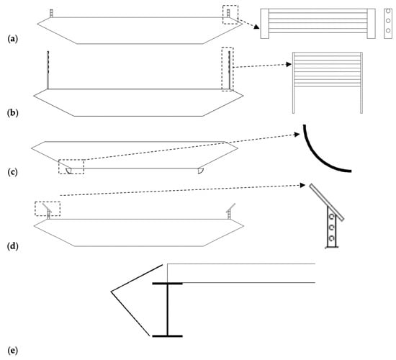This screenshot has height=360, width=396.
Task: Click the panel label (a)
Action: tap(13, 39)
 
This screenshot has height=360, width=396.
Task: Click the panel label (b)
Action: tap(13, 112)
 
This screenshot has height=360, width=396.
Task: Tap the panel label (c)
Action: tap(13, 172)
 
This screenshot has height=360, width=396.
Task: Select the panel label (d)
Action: tap(13, 246)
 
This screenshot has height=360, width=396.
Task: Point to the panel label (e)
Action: tap(13, 351)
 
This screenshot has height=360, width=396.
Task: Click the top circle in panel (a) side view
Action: tap(388, 12)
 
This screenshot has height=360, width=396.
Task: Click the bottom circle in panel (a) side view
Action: tap(388, 30)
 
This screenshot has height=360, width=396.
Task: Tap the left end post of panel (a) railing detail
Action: tap(265, 24)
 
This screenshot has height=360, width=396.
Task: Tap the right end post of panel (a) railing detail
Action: tap(371, 24)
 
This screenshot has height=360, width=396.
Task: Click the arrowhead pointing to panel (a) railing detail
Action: tap(256, 27)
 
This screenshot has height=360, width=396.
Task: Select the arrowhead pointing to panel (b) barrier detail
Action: tap(289, 64)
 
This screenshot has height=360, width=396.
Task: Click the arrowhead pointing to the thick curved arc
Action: tap(297, 135)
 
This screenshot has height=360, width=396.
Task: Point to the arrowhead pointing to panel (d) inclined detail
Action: tap(302, 186)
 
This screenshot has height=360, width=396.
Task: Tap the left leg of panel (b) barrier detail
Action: tap(294, 83)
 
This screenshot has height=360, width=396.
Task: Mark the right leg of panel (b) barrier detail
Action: tap(361, 83)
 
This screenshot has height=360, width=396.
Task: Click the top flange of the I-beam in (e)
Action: tap(167, 284)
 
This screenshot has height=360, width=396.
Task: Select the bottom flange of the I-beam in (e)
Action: tap(167, 336)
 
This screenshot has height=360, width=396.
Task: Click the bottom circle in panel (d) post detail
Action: tap(332, 238)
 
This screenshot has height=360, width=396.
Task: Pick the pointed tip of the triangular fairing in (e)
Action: tap(111, 292)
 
